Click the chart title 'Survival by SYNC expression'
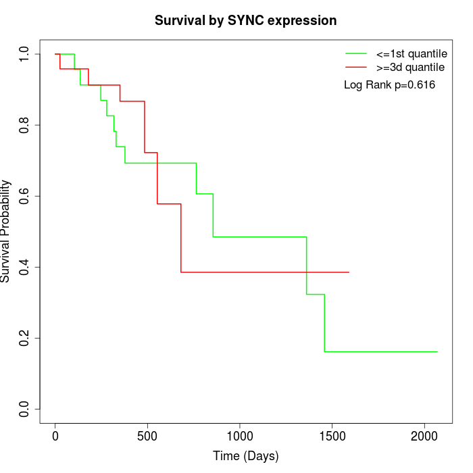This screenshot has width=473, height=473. click(x=245, y=20)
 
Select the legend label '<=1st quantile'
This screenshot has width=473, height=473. click(x=411, y=53)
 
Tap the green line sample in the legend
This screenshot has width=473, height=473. click(x=356, y=53)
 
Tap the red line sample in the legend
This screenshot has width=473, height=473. click(x=356, y=67)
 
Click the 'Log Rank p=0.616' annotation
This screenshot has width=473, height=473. click(x=389, y=85)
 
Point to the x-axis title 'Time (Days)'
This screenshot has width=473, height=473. click(x=245, y=456)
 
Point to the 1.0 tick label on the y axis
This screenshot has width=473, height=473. click(x=25, y=54)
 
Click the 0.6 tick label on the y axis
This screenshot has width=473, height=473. click(x=25, y=196)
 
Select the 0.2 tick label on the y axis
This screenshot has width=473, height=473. click(x=25, y=338)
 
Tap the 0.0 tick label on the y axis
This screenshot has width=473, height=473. click(x=25, y=409)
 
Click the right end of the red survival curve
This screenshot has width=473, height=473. click(x=349, y=272)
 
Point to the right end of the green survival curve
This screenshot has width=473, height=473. click(x=437, y=351)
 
